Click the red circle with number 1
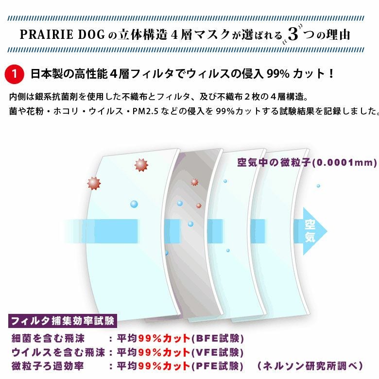click(x=14, y=74)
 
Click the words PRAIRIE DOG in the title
click(x=62, y=34)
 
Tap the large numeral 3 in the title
click(x=293, y=34)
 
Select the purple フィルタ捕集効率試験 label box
click(x=63, y=321)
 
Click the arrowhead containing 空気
click(x=312, y=231)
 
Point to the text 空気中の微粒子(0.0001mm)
click(x=307, y=163)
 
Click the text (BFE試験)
click(x=217, y=338)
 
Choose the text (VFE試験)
click(x=217, y=352)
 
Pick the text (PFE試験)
click(x=217, y=366)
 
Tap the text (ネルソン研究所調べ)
click(x=310, y=366)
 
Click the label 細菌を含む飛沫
click(x=48, y=338)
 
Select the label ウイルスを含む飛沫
click(x=58, y=352)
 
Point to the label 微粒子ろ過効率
click(x=48, y=366)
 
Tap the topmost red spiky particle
click(x=141, y=165)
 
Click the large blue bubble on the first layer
click(x=134, y=204)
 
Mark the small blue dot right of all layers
click(x=318, y=186)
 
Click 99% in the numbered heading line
click(x=278, y=74)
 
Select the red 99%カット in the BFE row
click(x=164, y=338)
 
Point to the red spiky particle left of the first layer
click(x=94, y=183)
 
